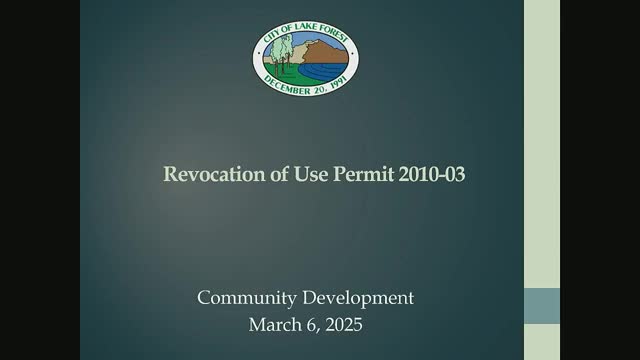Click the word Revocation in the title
click(214, 174)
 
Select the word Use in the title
click(311, 174)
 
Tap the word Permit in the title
click(364, 174)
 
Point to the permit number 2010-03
click(432, 174)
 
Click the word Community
click(247, 298)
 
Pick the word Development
click(358, 298)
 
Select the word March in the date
click(273, 325)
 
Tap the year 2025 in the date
click(344, 325)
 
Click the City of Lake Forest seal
click(306, 58)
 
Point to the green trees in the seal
click(282, 53)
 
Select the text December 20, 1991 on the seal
click(306, 86)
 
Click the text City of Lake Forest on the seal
click(306, 31)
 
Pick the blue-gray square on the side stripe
click(542, 306)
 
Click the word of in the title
click(280, 174)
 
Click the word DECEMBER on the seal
click(287, 86)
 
